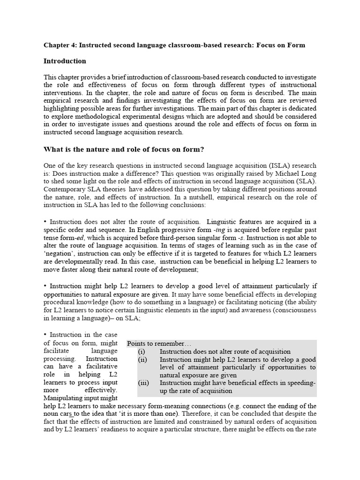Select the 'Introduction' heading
(65, 61)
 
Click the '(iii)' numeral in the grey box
(143, 383)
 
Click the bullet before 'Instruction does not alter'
(45, 221)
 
